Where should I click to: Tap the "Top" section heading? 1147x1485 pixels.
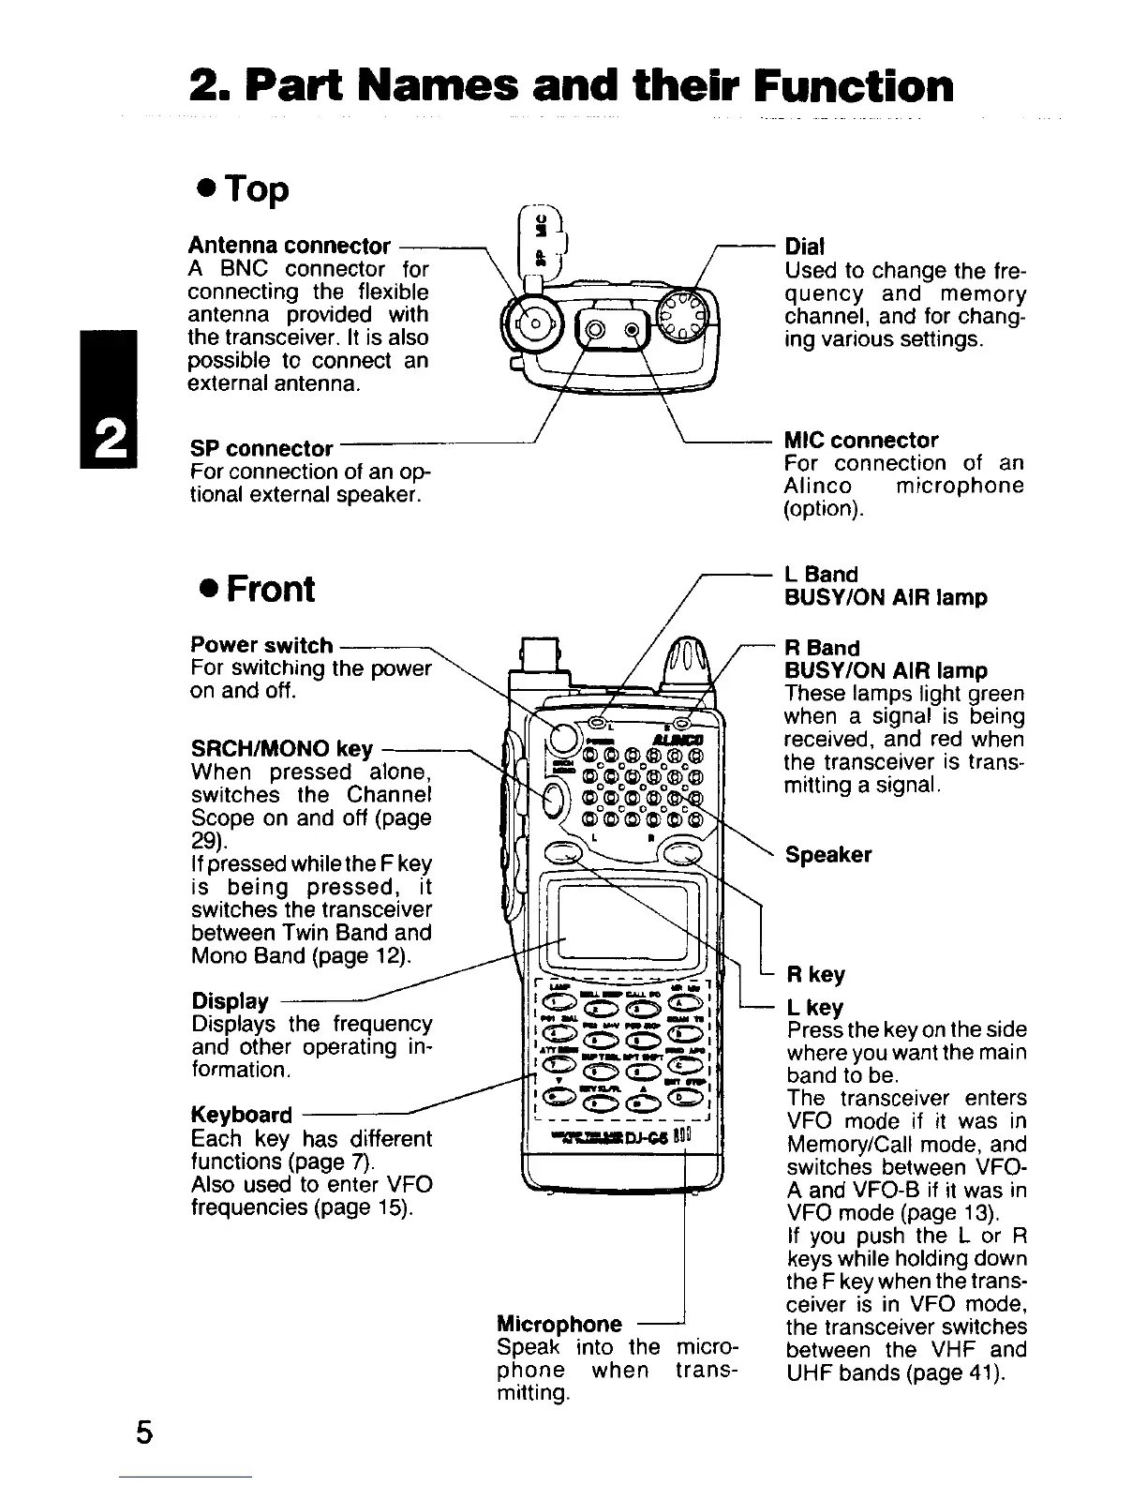click(x=241, y=189)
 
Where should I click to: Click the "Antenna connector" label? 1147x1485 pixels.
click(x=290, y=246)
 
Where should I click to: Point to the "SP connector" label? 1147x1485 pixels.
click(x=261, y=448)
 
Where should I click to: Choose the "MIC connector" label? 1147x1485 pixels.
click(x=860, y=440)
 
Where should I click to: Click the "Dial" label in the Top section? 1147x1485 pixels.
click(x=804, y=247)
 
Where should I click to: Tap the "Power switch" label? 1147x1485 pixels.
click(x=261, y=645)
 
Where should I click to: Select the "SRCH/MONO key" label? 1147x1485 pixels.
click(x=282, y=749)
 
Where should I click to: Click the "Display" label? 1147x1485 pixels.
click(x=229, y=1001)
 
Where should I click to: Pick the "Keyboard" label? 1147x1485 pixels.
click(x=241, y=1115)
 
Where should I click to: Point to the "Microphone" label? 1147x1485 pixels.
click(x=559, y=1324)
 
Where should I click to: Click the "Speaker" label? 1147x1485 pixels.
click(x=828, y=855)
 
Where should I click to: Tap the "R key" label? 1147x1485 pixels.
click(x=814, y=975)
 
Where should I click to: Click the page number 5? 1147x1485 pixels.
click(x=142, y=1433)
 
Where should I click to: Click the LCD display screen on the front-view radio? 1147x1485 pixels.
click(x=622, y=919)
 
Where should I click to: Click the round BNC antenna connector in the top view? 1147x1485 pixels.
click(x=532, y=325)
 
